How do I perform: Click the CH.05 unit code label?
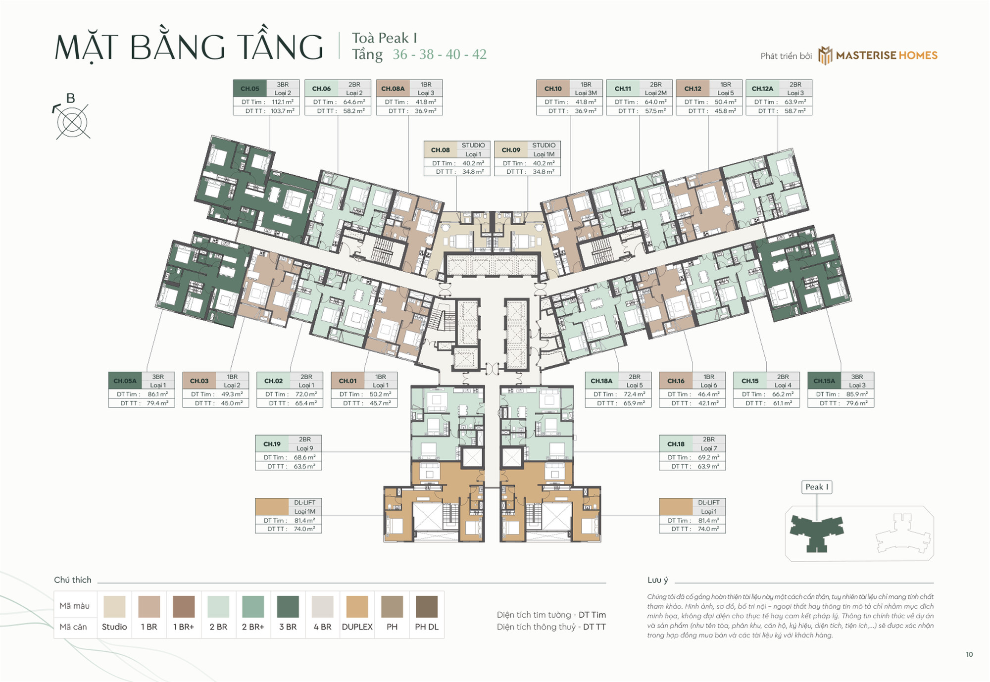[x=249, y=89]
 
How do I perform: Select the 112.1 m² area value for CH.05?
[x=282, y=102]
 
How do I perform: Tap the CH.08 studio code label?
[x=440, y=150]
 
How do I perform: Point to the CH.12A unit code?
[x=762, y=89]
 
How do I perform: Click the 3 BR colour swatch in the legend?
[x=288, y=607]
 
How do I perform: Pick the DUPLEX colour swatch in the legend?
[x=357, y=607]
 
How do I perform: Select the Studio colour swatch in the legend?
[x=114, y=607]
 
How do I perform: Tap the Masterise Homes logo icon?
[x=825, y=55]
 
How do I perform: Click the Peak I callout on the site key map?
[x=816, y=487]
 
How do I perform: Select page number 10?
[x=969, y=654]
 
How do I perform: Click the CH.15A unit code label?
[x=824, y=381]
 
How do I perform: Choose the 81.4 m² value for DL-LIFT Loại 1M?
[x=304, y=521]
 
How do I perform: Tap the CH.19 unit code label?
[x=272, y=444]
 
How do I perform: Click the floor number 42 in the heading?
[x=479, y=54]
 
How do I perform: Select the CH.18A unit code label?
[x=601, y=381]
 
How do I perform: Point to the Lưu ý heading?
[x=657, y=580]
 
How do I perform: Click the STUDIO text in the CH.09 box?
[x=544, y=146]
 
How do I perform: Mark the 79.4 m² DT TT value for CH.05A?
[x=157, y=403]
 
